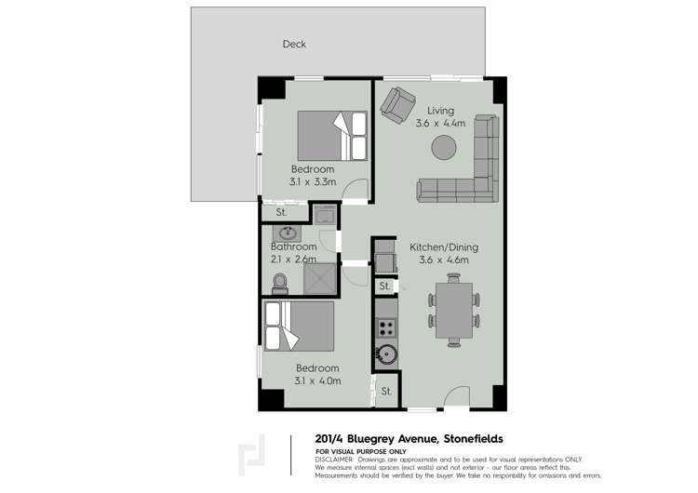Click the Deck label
coord(294,44)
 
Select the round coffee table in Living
coord(443,148)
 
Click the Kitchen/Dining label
coord(443,247)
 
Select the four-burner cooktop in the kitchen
coord(386,327)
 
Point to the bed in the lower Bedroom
coord(300,326)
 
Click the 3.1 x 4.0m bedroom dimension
coord(317,380)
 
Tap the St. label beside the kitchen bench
coord(385,286)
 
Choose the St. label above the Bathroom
coord(280,214)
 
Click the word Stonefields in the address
coord(466,439)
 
